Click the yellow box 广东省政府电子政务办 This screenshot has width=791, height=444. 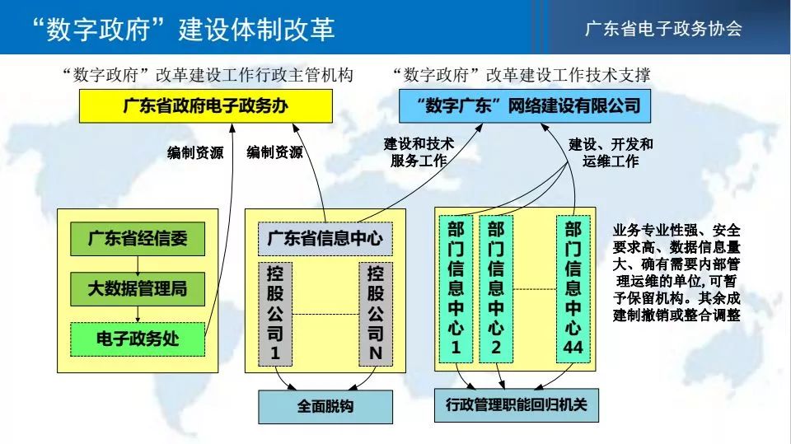(206, 106)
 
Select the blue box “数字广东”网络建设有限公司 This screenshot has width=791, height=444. (525, 106)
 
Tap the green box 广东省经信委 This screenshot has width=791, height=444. (138, 239)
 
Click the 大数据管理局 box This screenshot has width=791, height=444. (138, 289)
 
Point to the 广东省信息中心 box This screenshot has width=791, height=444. (325, 239)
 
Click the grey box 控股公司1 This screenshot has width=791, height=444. (275, 314)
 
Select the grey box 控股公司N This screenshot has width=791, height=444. (376, 314)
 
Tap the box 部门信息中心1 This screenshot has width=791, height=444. (456, 289)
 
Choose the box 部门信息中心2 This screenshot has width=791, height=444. (496, 289)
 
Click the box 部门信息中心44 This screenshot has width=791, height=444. (573, 289)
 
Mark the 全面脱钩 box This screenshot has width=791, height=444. (325, 407)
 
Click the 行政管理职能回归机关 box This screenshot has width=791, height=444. (517, 405)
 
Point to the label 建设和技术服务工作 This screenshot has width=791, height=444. (419, 152)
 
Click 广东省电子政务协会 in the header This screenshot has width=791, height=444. (663, 28)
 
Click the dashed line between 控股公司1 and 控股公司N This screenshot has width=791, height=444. (325, 315)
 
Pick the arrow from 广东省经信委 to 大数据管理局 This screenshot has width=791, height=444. (138, 264)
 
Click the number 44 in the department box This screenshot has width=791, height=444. (573, 348)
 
